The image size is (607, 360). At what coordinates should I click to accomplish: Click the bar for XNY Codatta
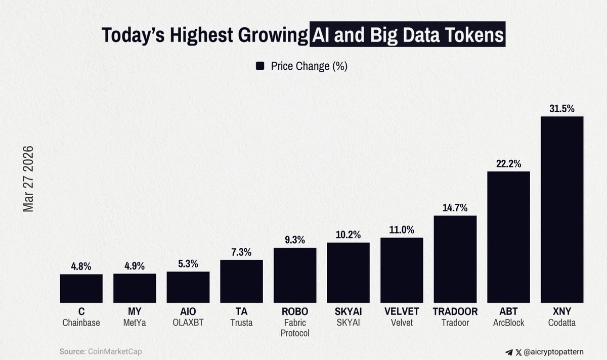(561, 210)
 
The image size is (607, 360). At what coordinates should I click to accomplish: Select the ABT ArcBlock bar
(508, 237)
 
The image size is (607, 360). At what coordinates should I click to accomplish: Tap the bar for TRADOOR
(455, 259)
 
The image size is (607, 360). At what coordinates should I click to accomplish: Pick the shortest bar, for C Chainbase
(81, 289)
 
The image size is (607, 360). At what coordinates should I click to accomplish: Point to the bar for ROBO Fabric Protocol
(295, 275)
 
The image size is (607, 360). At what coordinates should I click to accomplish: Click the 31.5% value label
(561, 109)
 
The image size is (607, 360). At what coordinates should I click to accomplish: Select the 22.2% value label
(508, 164)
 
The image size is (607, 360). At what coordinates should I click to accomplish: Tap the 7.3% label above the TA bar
(241, 252)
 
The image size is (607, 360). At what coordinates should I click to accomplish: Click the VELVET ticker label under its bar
(402, 312)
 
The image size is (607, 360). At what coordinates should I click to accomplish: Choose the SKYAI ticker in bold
(348, 312)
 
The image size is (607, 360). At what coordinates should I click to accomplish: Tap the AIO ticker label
(188, 312)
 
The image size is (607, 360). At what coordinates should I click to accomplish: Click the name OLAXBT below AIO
(188, 323)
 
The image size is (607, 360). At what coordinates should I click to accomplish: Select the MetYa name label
(135, 323)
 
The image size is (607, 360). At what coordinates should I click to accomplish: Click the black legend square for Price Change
(261, 66)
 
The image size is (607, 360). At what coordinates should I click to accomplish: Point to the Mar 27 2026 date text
(28, 179)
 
